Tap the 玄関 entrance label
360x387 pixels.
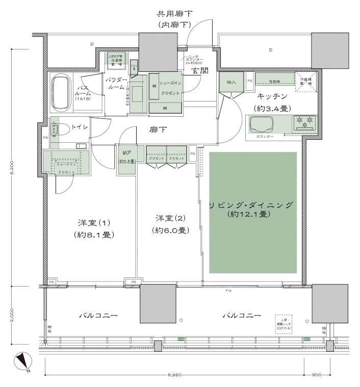[x=199, y=71]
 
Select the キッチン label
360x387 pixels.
[x=272, y=96]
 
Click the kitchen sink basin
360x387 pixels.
[x=261, y=124]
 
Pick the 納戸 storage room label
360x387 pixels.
[x=126, y=152]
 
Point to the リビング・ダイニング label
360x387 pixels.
[x=252, y=205]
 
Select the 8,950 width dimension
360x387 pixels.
[x=175, y=375]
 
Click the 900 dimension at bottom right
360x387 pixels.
[x=317, y=375]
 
